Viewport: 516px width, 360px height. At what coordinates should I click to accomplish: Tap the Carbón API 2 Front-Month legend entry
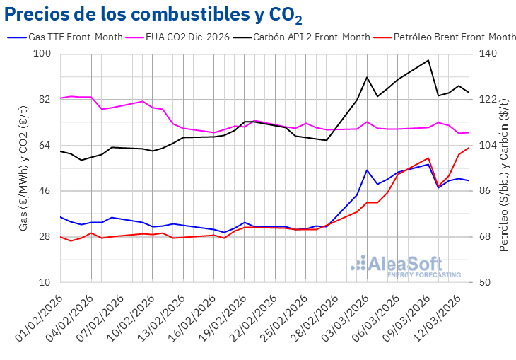(x=312, y=37)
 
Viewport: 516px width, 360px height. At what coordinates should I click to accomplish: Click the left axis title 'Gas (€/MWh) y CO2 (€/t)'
(x=23, y=168)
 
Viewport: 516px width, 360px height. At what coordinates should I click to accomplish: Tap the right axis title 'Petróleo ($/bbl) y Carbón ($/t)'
(x=504, y=168)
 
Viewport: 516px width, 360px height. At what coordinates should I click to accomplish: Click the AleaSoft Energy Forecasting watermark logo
(x=400, y=265)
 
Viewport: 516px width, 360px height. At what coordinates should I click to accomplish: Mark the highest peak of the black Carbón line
(x=428, y=60)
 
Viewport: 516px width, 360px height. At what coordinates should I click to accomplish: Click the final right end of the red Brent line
(x=469, y=147)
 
